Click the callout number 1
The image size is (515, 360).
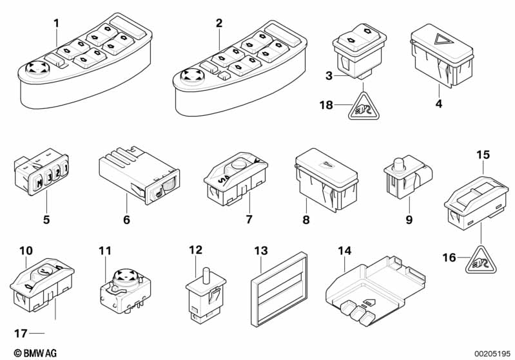pyautogui.click(x=56, y=23)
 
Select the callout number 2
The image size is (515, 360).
pyautogui.click(x=219, y=23)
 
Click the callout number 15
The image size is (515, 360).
pyautogui.click(x=483, y=155)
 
